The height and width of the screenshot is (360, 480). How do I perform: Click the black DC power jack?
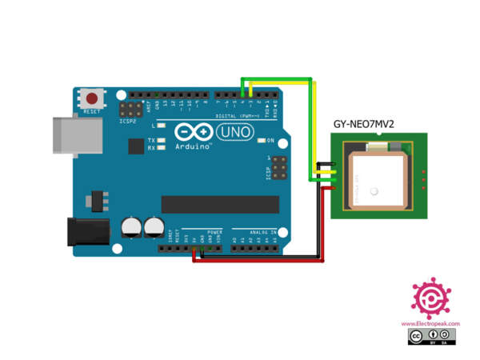[87, 231]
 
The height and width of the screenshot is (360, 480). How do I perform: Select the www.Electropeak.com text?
[430, 323]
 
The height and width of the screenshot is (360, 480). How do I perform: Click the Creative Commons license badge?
[430, 338]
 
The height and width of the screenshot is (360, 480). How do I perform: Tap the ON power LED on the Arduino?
[261, 141]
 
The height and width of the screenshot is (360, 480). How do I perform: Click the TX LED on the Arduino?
[162, 140]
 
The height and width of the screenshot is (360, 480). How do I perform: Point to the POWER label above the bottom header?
[214, 232]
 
